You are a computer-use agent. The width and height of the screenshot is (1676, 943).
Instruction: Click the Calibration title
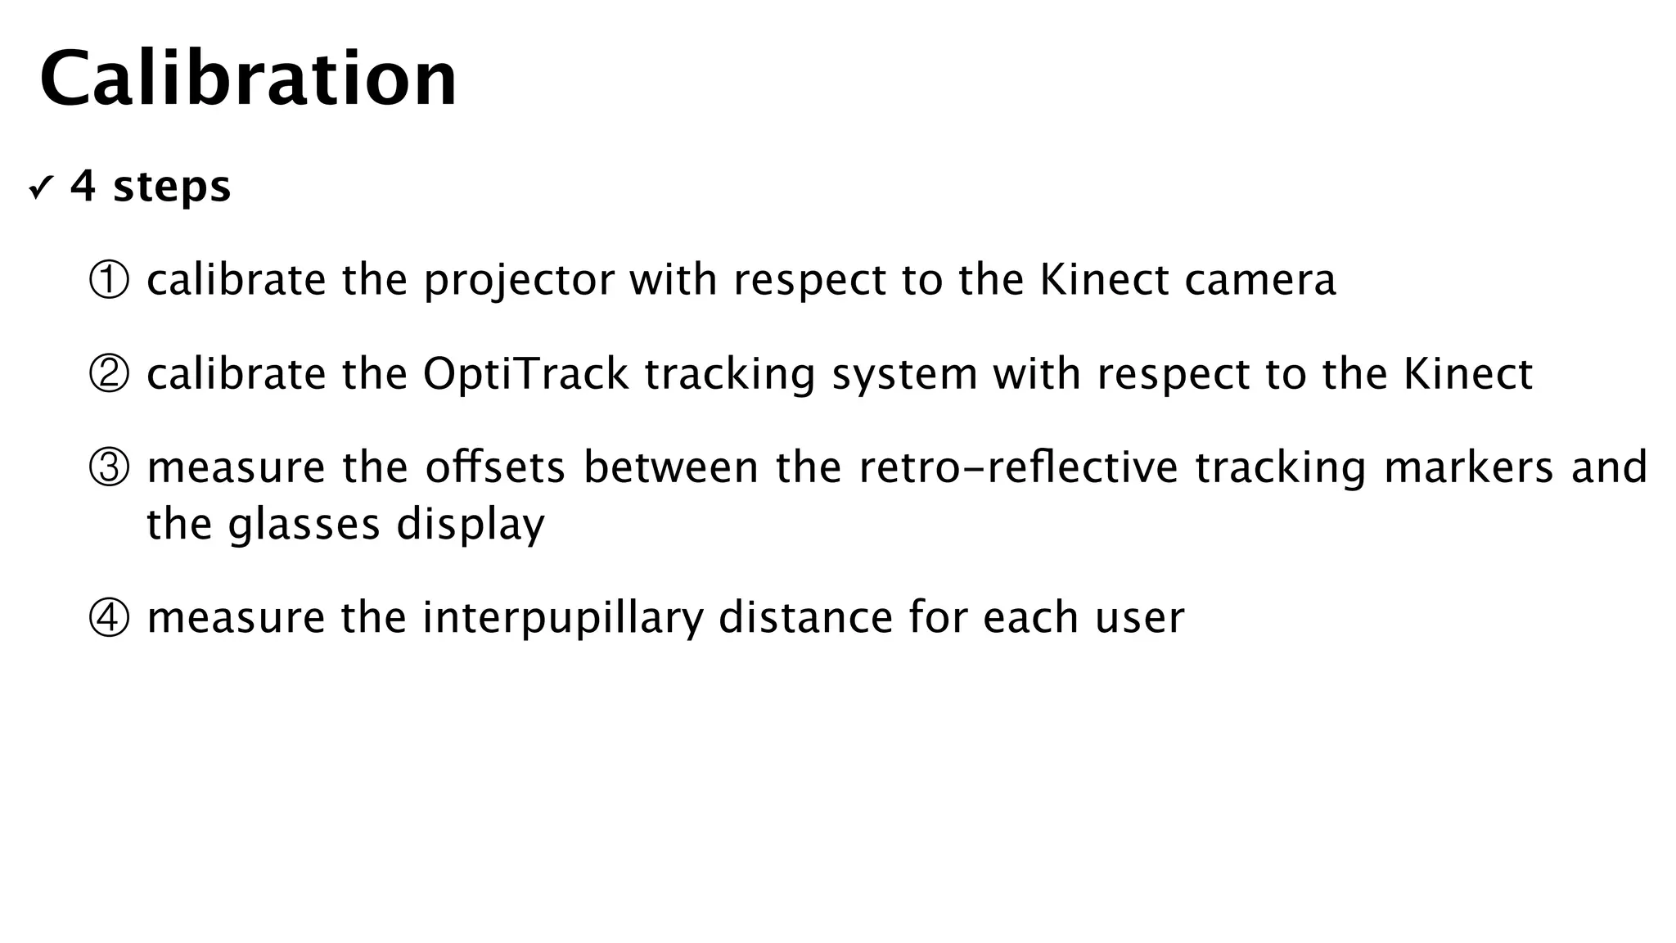(248, 79)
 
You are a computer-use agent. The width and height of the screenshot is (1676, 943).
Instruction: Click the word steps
(172, 187)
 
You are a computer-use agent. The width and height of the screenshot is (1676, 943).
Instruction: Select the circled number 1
(109, 281)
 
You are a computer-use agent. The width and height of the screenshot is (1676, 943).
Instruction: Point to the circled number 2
(109, 375)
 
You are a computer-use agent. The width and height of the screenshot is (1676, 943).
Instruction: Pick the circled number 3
(109, 468)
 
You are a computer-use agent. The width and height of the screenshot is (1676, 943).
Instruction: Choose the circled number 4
(109, 618)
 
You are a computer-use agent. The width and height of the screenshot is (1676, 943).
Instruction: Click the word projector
(519, 281)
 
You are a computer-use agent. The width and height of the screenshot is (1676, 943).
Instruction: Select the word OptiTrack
(525, 375)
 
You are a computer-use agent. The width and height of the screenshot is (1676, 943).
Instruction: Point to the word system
(904, 375)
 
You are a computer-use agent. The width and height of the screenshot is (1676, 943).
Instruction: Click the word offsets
(495, 468)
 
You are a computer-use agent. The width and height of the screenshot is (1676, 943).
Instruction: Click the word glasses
(304, 525)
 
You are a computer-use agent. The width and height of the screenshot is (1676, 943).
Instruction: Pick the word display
(471, 525)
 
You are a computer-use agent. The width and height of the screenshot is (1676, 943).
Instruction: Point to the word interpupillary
(562, 618)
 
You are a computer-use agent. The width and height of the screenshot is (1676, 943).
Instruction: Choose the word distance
(805, 618)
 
